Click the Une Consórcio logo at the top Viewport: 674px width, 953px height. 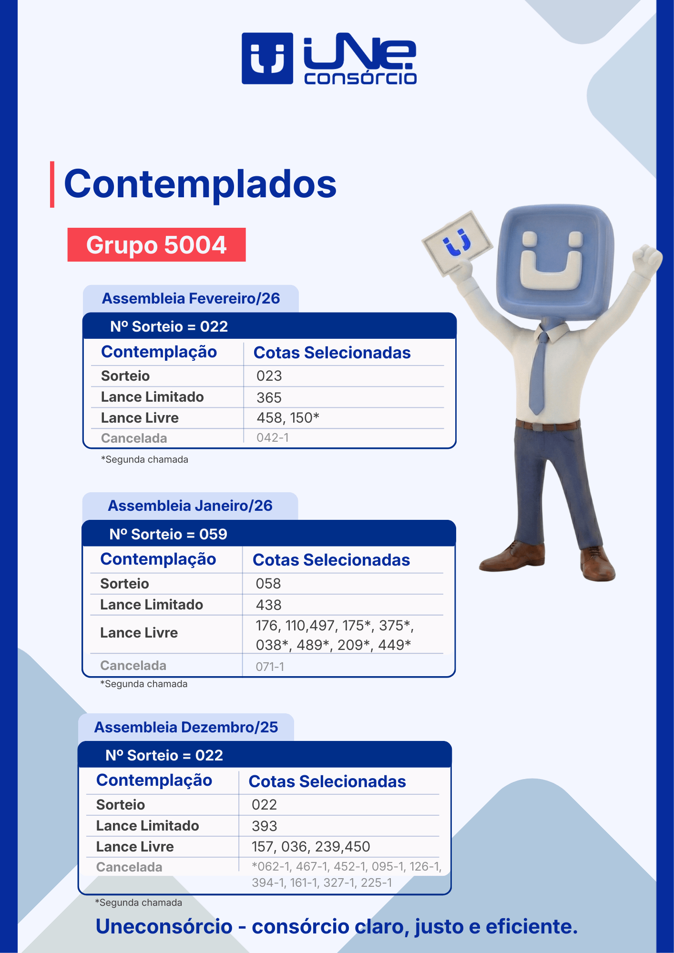pos(329,59)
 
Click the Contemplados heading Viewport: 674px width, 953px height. pos(200,184)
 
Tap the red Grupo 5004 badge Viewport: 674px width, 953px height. pos(156,244)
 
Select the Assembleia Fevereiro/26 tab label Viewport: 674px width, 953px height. pos(191,298)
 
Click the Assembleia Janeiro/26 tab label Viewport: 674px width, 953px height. pos(190,506)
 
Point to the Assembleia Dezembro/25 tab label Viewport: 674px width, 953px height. pos(186,727)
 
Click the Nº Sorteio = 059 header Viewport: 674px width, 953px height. pos(168,534)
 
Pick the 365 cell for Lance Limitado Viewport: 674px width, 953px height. pos(269,397)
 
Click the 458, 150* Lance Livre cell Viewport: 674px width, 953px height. pos(288,418)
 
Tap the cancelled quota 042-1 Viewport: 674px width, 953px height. pos(273,437)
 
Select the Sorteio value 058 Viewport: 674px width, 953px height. pos(268,583)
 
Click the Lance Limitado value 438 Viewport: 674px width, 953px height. pos(269,605)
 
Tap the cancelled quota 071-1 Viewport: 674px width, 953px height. pos(270,667)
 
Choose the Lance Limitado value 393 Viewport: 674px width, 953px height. pos(265,826)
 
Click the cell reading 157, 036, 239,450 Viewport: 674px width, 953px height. pos(311,847)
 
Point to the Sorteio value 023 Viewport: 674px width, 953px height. pos(269,376)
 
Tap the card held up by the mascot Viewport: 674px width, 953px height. pos(457,243)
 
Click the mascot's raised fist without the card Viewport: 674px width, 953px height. pos(647,260)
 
